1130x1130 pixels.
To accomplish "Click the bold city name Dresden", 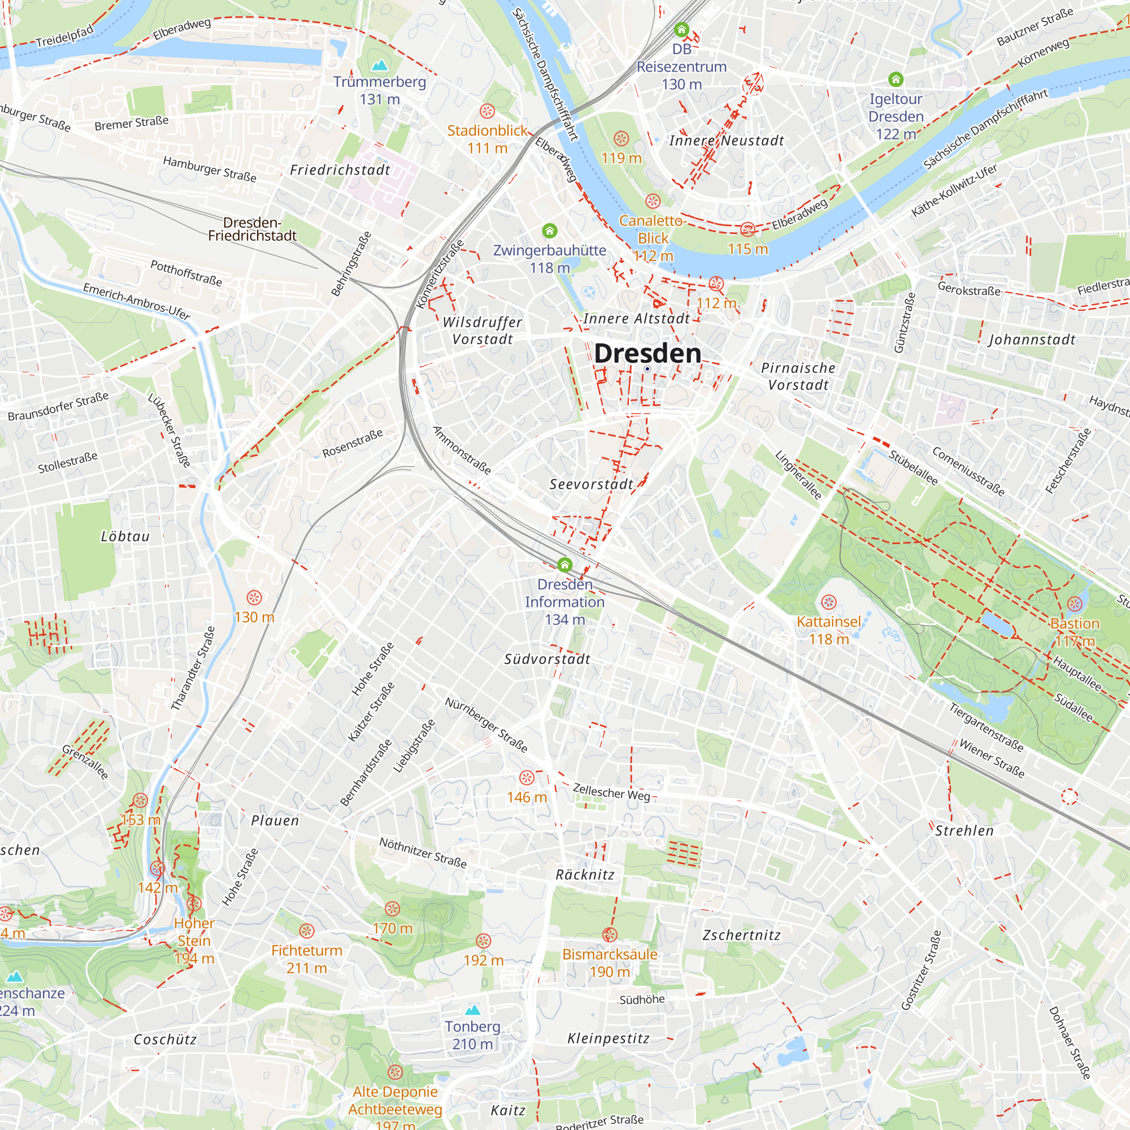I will [x=647, y=353].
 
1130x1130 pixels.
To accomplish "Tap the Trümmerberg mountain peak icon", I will [x=380, y=64].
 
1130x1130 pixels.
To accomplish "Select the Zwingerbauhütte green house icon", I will [x=549, y=231].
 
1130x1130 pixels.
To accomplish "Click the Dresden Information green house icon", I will [x=564, y=564].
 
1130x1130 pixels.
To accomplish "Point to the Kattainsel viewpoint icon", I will [x=829, y=602].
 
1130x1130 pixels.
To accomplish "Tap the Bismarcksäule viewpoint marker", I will [x=610, y=935].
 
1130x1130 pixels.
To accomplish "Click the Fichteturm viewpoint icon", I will [x=306, y=931].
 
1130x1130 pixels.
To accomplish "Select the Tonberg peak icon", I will [x=472, y=1010].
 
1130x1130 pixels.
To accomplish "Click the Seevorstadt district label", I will [x=592, y=484].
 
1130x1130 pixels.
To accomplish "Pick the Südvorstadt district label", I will [x=547, y=659].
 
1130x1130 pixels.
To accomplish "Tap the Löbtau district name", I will [x=125, y=536].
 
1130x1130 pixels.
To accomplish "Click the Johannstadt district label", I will [x=1032, y=340].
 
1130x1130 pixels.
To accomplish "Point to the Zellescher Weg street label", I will [x=611, y=793].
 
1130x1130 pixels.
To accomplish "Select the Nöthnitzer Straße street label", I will [x=423, y=852].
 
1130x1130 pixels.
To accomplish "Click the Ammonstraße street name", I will [x=462, y=450].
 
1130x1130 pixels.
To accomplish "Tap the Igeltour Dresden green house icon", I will [x=896, y=79].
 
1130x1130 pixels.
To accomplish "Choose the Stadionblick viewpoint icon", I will [x=487, y=111].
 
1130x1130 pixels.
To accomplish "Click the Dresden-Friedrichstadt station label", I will [x=252, y=229].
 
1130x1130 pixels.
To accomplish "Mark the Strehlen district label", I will [x=964, y=831].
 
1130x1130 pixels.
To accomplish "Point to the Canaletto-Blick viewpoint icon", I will [x=653, y=201].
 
